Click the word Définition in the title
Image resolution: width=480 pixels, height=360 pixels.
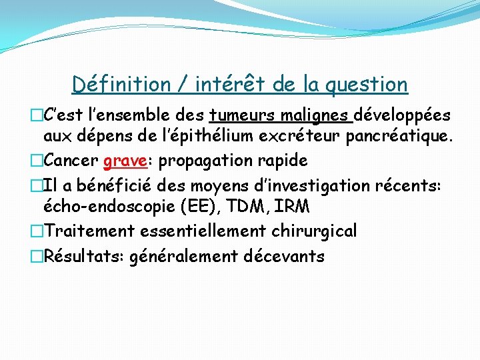(121, 85)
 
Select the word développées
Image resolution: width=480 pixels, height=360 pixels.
(402, 116)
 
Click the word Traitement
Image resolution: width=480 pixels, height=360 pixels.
(88, 231)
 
